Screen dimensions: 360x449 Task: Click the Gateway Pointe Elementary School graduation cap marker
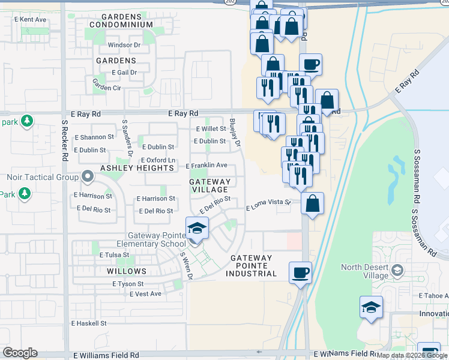[x=197, y=229]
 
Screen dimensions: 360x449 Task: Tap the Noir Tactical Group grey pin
[x=88, y=177]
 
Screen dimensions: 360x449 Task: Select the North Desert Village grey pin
[x=396, y=271]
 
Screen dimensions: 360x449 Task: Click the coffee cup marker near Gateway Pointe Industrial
[x=300, y=272]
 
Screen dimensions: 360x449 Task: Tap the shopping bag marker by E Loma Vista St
[x=313, y=203]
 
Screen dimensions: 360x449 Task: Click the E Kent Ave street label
[x=29, y=20]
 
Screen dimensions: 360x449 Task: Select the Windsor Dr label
[x=124, y=45]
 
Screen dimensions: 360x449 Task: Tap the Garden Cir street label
[x=106, y=88]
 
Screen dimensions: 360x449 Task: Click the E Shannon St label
[x=94, y=137]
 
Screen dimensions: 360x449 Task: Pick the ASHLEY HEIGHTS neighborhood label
[x=137, y=169]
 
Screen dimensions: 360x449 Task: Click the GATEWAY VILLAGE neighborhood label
[x=209, y=185]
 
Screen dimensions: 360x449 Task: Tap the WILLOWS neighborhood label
[x=127, y=271]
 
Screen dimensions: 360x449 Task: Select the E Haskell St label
[x=88, y=323]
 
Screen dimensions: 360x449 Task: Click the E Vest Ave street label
[x=146, y=293]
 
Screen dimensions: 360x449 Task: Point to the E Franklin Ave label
[x=206, y=166]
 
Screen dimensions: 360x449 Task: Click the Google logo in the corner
[x=20, y=353]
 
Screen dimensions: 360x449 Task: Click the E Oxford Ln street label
[x=158, y=160]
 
